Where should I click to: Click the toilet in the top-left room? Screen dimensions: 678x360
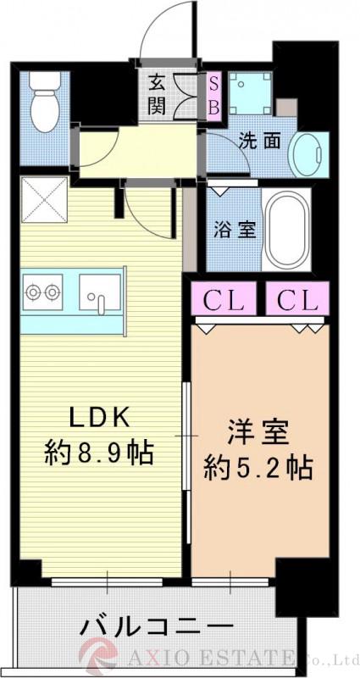[x=42, y=103]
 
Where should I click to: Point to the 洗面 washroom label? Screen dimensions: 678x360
[x=258, y=142]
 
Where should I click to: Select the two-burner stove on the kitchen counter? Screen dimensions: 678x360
[x=42, y=292]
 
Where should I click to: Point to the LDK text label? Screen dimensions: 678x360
[x=97, y=418]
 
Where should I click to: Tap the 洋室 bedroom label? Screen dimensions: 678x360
[x=258, y=432]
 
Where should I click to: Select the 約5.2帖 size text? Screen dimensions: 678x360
[x=258, y=466]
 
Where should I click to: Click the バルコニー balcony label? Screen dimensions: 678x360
[x=157, y=628]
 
